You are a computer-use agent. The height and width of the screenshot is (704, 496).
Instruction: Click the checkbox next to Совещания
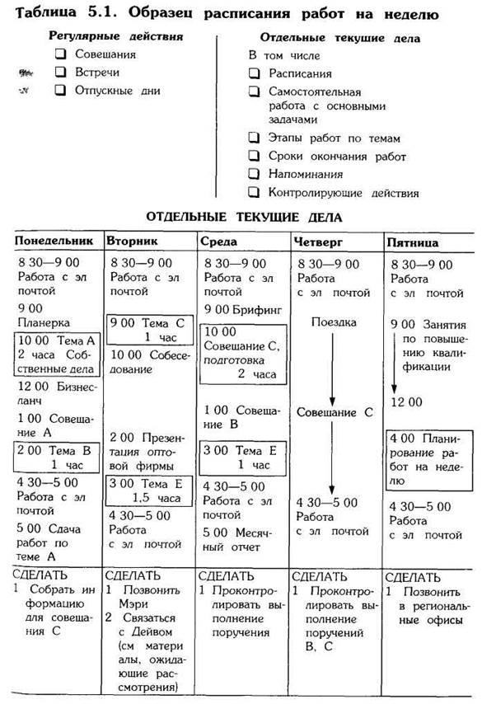(60, 54)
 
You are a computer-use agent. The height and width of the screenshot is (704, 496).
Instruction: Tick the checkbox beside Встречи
(60, 72)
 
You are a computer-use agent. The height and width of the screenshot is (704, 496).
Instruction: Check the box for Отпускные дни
(60, 90)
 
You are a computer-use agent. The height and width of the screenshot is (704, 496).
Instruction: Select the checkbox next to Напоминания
(255, 174)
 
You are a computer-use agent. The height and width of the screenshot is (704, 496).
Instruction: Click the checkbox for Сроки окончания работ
(255, 156)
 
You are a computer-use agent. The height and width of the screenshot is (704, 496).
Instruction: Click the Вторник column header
(132, 242)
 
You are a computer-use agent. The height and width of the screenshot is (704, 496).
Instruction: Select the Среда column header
(219, 242)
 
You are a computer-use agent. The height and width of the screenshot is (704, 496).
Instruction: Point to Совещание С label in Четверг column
(335, 411)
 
